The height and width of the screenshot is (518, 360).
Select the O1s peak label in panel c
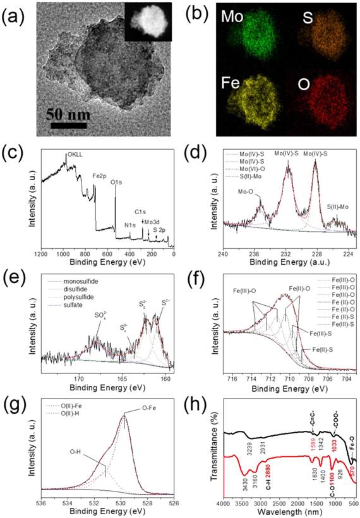pyautogui.click(x=117, y=183)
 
